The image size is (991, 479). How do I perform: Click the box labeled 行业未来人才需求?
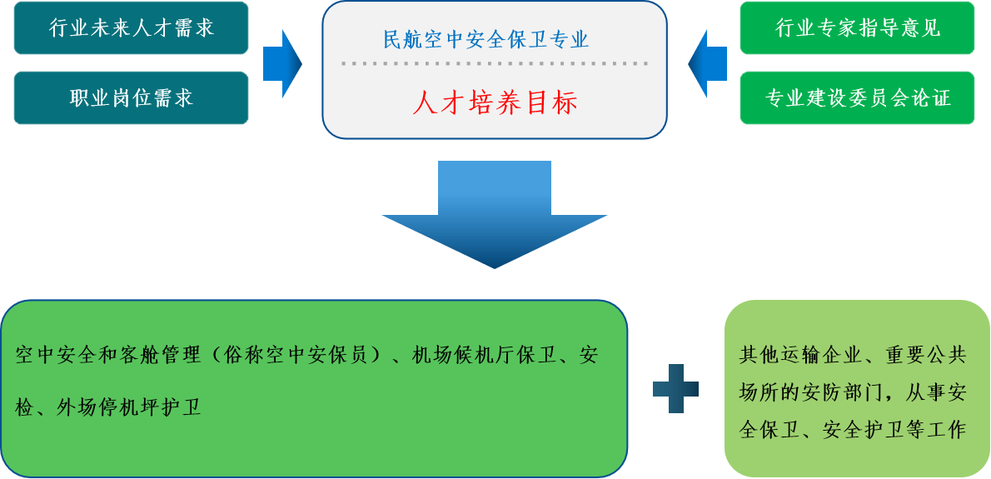[x=132, y=27]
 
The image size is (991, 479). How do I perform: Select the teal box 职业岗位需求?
[x=132, y=98]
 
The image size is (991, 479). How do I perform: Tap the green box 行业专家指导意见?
[x=857, y=27]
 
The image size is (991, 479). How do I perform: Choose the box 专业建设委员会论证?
[x=857, y=98]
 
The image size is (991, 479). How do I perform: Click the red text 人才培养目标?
[x=495, y=103]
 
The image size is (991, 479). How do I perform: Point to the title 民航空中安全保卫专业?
[x=486, y=39]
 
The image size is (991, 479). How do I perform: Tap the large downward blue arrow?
[x=495, y=214]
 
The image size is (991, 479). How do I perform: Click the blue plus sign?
[x=675, y=388]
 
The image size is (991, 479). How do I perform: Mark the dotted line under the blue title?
[x=495, y=63]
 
